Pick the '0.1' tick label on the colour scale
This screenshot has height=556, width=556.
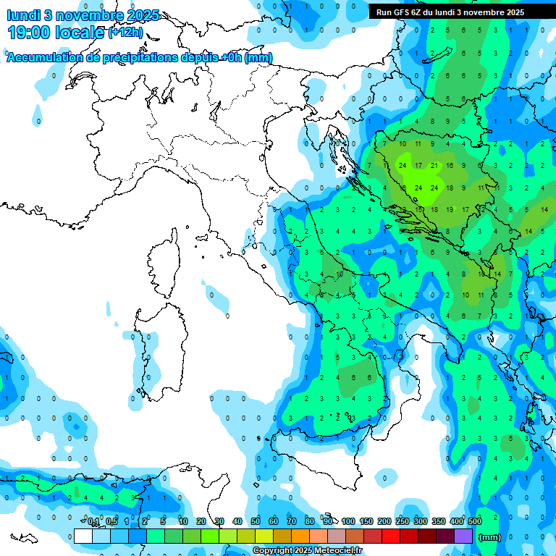point(93,521)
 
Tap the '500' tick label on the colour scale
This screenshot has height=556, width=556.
point(474,521)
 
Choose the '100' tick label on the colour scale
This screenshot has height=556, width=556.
point(347,521)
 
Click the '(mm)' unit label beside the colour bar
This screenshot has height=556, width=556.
point(490,537)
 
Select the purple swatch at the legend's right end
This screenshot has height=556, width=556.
point(463,536)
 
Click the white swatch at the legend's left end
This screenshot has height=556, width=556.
point(83,536)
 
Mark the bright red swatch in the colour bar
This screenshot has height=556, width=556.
point(391,536)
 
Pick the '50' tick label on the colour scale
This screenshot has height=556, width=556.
point(256,521)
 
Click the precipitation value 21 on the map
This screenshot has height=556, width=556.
point(434,165)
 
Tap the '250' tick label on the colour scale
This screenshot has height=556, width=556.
point(402,521)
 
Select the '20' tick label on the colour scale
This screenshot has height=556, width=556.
point(201,521)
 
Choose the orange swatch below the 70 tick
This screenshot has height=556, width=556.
point(300,536)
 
